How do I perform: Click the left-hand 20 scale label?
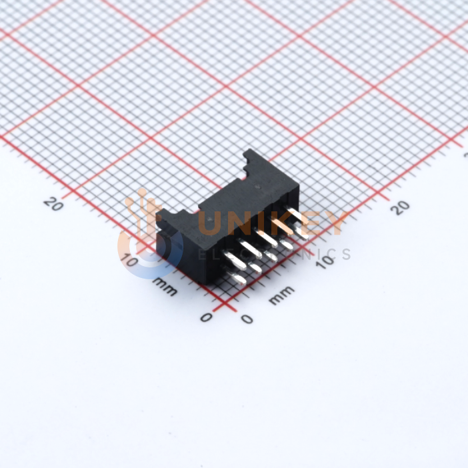[53, 204]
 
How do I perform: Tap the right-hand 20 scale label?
[401, 207]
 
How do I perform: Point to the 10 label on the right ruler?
[325, 262]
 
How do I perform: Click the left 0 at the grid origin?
[206, 317]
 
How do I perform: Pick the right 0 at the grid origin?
[247, 319]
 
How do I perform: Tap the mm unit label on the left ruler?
[165, 287]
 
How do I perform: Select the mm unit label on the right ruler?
[281, 295]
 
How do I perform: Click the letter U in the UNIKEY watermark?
[211, 224]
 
